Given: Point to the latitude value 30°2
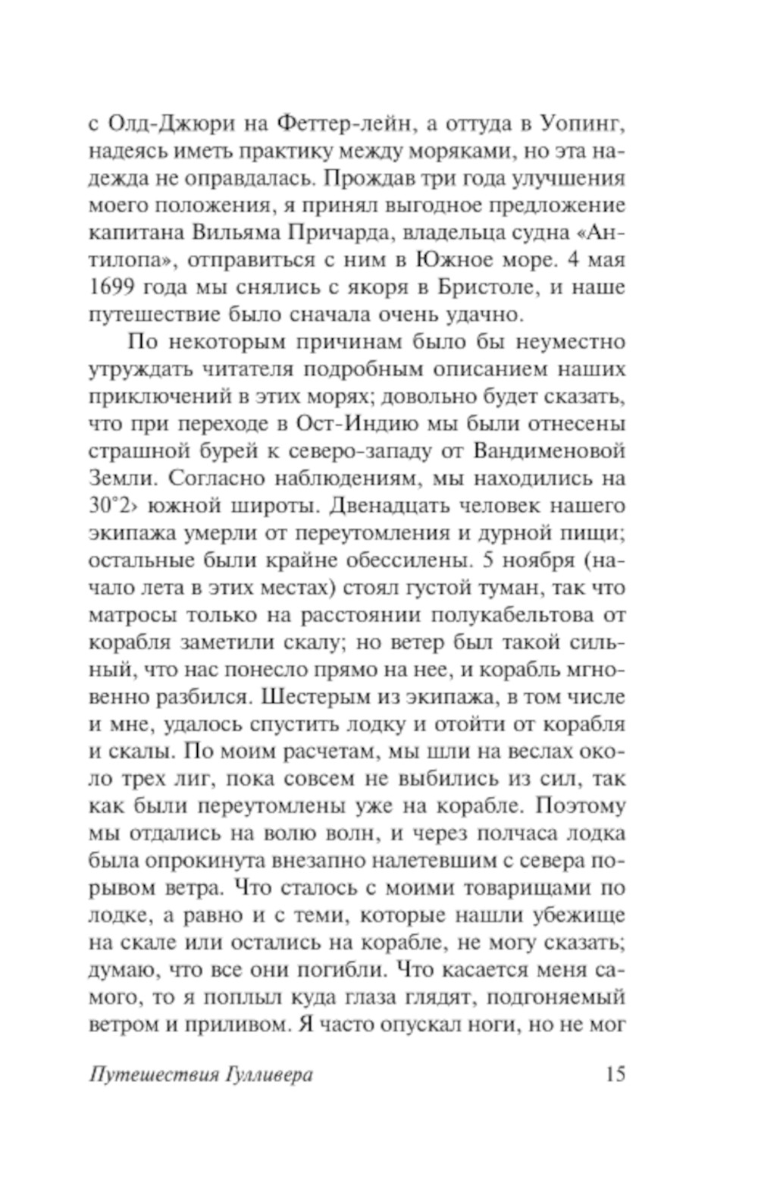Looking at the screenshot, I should point(114,506).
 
